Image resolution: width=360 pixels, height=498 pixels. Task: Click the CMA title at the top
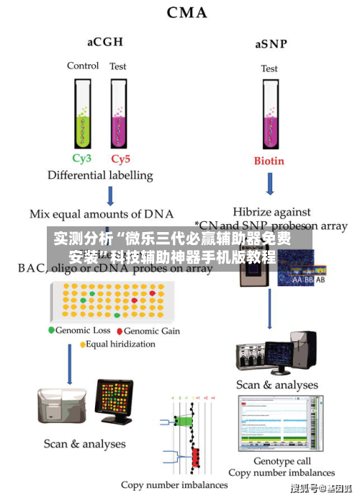tap(186, 12)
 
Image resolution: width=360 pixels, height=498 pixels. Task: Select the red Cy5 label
tap(120, 159)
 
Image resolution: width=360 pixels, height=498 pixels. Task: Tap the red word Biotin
tap(269, 161)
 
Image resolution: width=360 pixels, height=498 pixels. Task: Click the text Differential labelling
tap(100, 175)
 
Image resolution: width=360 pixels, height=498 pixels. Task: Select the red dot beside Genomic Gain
tap(120, 331)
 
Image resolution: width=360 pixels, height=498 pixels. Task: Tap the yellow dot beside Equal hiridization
tap(83, 344)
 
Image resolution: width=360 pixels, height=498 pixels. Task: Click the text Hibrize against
tap(271, 212)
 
